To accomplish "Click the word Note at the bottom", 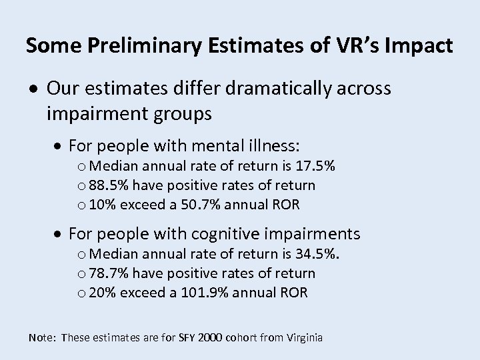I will [41, 338].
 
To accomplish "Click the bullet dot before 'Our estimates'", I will [34, 89].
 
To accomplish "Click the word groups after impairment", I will [179, 114].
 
